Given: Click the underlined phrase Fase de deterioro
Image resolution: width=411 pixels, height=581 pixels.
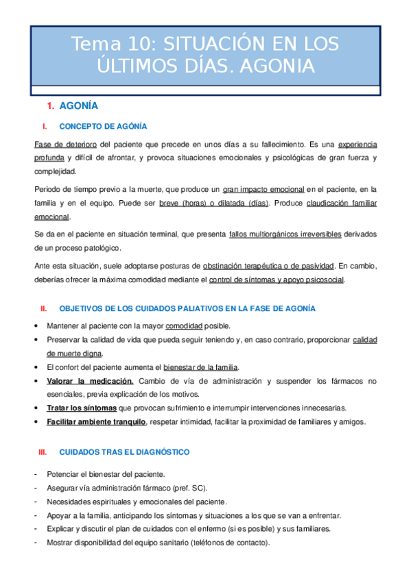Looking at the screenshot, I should [x=65, y=145].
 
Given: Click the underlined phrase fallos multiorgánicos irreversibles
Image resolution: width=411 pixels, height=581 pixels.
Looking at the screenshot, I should [x=285, y=234].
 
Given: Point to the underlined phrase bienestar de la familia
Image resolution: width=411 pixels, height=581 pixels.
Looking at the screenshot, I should [x=209, y=367].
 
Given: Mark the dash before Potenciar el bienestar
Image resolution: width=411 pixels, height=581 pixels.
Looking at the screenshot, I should [x=36, y=474].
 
